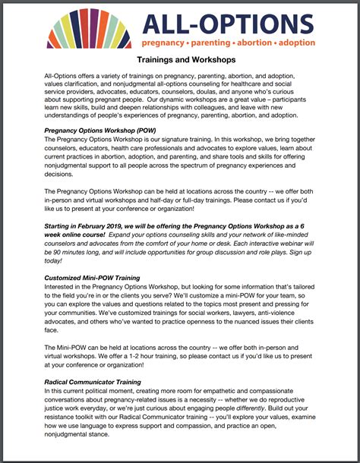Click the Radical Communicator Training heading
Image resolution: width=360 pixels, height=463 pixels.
pyautogui.click(x=92, y=382)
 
